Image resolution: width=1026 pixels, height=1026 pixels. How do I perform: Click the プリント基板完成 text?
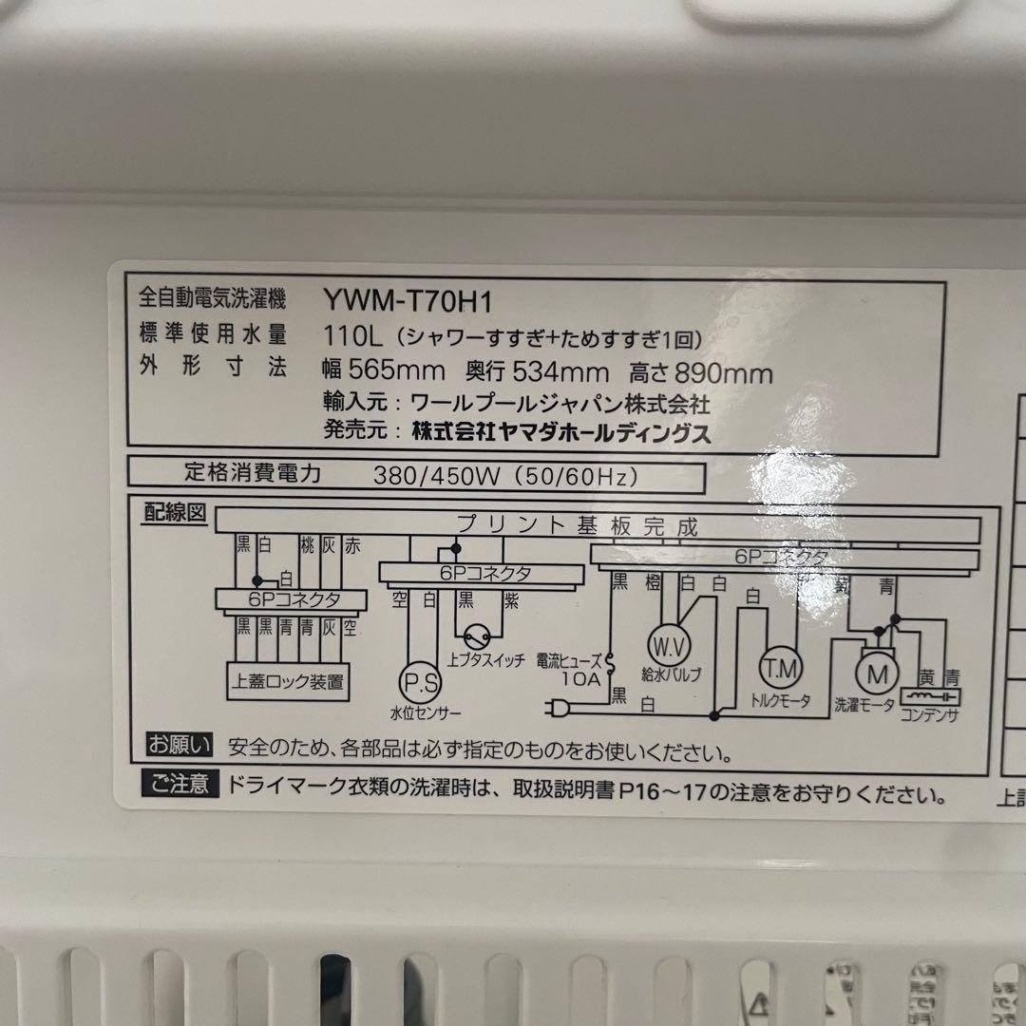click(578, 525)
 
